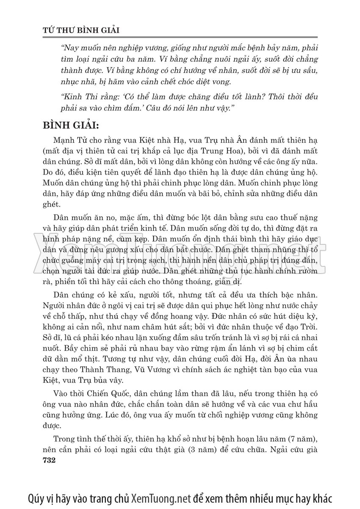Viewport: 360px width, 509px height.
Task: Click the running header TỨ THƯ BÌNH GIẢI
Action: coord(82,30)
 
